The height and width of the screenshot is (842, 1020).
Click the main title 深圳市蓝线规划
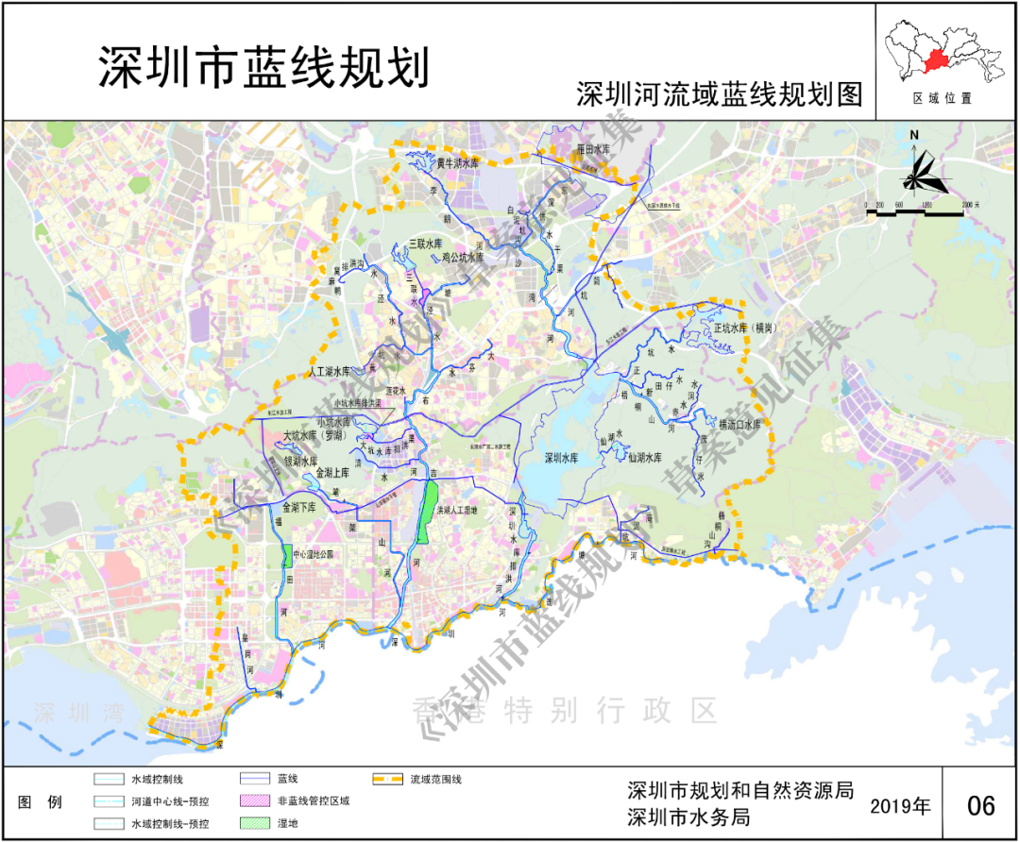coord(263,68)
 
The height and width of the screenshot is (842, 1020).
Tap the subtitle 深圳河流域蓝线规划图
coord(720,95)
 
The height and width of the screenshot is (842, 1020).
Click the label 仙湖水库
coord(651,457)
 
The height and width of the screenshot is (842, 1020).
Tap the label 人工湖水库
coord(330,372)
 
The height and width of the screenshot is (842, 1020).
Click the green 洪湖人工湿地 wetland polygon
coord(430,511)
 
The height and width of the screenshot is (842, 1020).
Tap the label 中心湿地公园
coord(314,554)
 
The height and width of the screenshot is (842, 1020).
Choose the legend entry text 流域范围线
coord(435,779)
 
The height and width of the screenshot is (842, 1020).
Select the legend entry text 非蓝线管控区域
coord(314,801)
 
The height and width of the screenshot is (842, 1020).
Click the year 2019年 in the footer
coord(900,806)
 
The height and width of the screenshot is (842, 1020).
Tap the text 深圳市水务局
coord(688,818)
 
